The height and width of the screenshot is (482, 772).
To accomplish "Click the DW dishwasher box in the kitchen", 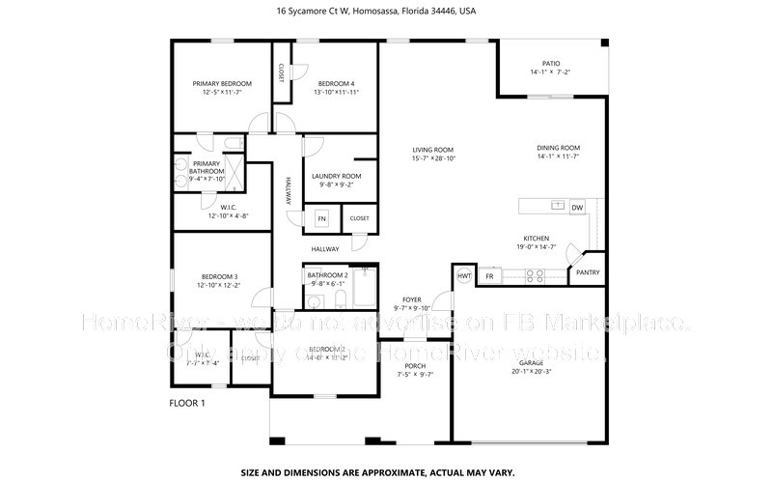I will point(577,207).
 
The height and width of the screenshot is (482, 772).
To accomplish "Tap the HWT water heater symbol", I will point(464,275).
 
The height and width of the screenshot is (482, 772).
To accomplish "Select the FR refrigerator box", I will point(490,276).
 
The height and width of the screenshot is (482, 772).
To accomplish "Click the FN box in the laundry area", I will point(322,219).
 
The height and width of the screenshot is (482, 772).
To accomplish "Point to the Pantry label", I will point(588,272).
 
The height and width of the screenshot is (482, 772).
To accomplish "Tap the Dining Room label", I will point(558,148).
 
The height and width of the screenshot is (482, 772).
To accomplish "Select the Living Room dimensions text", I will point(433,158).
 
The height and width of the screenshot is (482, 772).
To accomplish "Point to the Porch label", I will point(415,366).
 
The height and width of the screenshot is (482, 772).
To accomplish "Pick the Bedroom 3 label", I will point(219,277).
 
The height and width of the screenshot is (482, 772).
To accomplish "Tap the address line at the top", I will point(375,12).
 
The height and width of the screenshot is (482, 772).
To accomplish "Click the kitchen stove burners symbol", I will point(534,276).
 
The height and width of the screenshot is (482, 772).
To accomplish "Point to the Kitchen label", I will point(537,238).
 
